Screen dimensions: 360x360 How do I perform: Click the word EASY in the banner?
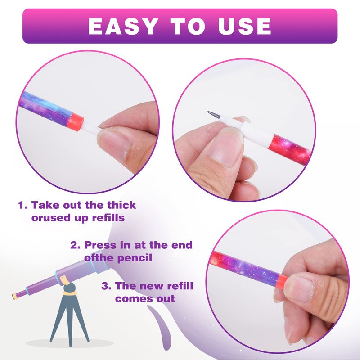point(123,26)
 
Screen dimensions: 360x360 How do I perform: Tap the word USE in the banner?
point(245,26)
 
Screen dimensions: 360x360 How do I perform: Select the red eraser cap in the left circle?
point(75,122)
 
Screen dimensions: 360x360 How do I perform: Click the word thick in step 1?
point(121,205)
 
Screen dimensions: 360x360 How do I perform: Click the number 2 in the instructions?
point(74,245)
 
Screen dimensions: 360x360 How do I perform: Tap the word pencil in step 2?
point(135,258)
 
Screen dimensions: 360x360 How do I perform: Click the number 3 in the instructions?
point(105,286)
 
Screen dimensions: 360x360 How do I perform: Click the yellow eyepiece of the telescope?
point(15,297)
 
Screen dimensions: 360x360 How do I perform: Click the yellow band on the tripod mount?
point(70,293)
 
